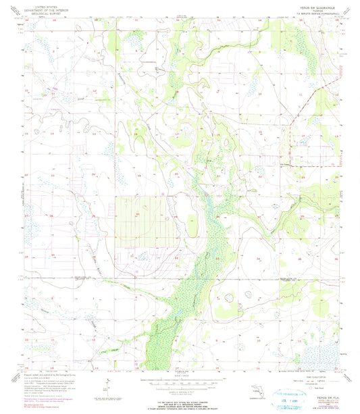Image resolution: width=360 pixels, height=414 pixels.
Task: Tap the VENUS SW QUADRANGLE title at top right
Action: (310, 5)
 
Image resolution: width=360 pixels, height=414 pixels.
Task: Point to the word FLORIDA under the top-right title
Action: (310, 9)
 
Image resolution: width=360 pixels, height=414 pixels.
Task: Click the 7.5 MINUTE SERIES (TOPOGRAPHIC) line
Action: (310, 13)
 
